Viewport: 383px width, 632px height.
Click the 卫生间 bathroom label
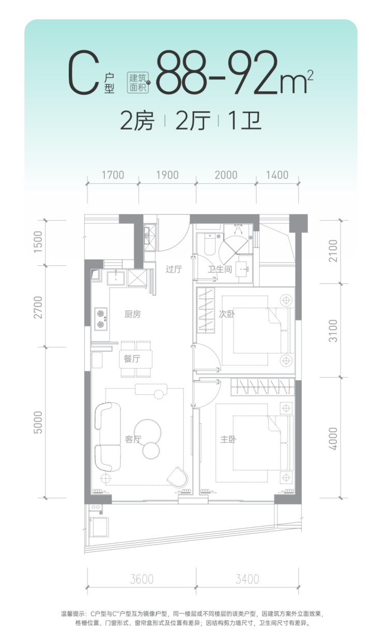220,269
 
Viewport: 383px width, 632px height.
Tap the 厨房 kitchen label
132,314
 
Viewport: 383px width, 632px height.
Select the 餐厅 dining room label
132,358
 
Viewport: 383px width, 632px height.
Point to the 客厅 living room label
133,439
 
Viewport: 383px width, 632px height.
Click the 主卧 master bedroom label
228,439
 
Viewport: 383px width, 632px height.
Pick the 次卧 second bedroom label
227,314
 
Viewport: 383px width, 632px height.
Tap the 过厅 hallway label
173,269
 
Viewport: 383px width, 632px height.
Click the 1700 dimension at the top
113,175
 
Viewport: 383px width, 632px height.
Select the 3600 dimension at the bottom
142,579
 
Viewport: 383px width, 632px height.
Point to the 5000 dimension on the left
38,422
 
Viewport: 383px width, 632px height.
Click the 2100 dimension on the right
333,251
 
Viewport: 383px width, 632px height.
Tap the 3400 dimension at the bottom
247,579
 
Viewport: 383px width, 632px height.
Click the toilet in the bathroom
210,244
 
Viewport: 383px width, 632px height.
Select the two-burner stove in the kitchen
100,319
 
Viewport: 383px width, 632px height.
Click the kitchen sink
116,277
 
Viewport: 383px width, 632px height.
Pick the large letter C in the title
84,73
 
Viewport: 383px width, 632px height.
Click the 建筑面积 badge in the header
138,83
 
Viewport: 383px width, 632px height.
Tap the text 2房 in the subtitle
137,121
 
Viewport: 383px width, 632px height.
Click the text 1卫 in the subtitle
245,121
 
